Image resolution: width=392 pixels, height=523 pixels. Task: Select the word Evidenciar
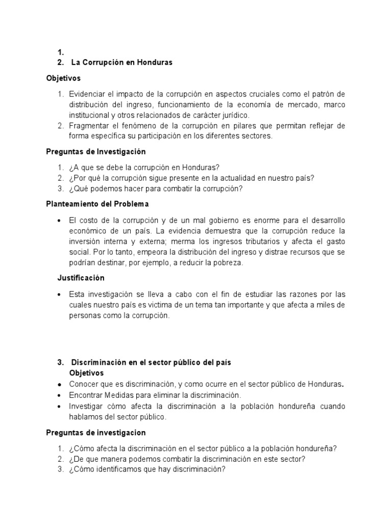(x=87, y=95)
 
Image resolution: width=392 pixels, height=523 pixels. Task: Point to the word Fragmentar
(x=89, y=126)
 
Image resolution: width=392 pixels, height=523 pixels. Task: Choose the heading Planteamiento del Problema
(x=97, y=204)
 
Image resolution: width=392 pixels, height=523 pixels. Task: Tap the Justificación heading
(x=80, y=278)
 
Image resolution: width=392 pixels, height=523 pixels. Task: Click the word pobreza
(x=231, y=263)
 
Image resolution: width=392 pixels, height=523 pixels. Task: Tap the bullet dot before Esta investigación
(x=60, y=295)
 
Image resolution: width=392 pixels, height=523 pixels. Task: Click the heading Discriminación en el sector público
(x=151, y=362)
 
